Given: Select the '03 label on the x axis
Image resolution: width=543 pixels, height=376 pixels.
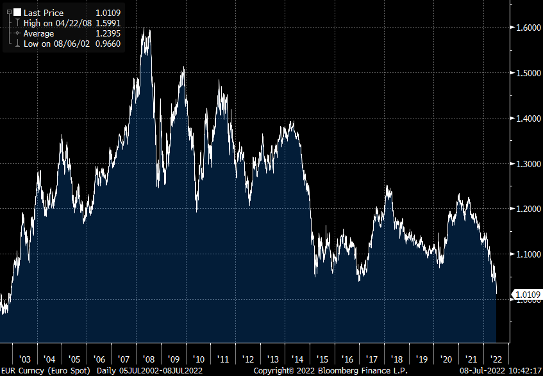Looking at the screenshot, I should click(26, 359).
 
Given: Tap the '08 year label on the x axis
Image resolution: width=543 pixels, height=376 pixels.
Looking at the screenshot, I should click(149, 359).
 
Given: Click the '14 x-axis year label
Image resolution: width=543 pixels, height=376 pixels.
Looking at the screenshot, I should click(297, 359).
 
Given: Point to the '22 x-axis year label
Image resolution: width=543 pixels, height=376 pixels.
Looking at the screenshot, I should click(495, 359).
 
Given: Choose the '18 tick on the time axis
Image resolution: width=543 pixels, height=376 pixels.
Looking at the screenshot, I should click(396, 359).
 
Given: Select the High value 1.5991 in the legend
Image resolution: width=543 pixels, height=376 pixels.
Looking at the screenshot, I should click(108, 23).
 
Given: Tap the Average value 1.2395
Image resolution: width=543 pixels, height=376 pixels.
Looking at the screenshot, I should click(108, 33).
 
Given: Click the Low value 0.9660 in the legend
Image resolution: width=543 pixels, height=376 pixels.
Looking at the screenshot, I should click(108, 44).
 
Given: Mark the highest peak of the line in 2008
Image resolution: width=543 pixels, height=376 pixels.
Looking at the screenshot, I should click(149, 28).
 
